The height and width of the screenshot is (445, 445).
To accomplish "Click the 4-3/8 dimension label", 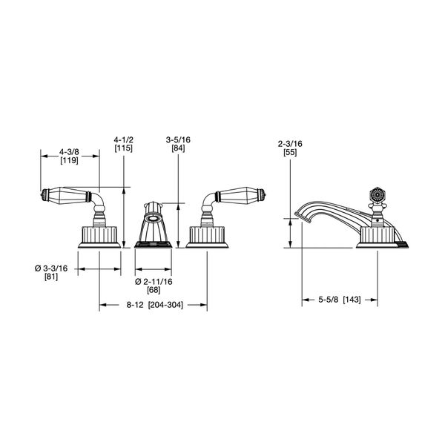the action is point(69,152).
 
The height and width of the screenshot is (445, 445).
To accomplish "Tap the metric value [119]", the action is point(69,160).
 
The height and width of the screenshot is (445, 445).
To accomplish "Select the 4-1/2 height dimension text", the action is point(124,139).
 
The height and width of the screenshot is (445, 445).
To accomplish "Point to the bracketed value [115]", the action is point(124,148).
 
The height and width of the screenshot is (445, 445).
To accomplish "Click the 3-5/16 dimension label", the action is point(178,139).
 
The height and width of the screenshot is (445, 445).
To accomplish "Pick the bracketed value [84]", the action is point(178,148).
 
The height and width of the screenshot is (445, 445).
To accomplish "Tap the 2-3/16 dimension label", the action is point(290,144).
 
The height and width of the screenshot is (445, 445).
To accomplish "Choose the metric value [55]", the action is point(290,152).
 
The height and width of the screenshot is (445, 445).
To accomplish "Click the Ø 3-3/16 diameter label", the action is point(51,268).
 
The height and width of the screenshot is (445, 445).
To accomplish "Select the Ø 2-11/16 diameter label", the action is point(154,282).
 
